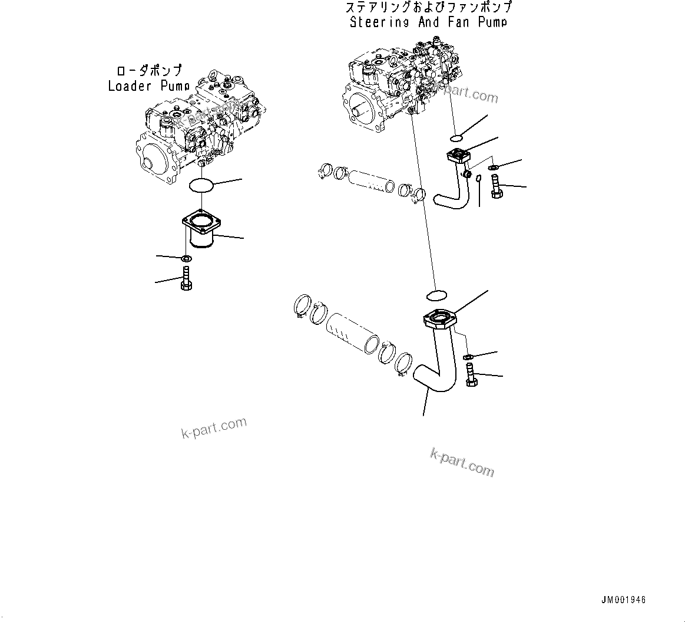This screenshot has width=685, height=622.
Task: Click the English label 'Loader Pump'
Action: [148, 86]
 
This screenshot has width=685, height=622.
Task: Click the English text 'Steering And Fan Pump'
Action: [428, 22]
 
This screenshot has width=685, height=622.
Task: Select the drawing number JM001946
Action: [623, 600]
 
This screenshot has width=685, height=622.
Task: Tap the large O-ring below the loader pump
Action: [201, 186]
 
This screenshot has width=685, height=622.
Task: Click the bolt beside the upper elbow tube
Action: [495, 186]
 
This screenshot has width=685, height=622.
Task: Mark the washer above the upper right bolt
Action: [492, 167]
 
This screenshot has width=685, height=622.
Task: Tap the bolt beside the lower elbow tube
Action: [471, 375]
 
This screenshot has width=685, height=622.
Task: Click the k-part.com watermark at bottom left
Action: [214, 429]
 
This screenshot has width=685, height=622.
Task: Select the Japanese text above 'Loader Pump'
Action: [148, 71]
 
